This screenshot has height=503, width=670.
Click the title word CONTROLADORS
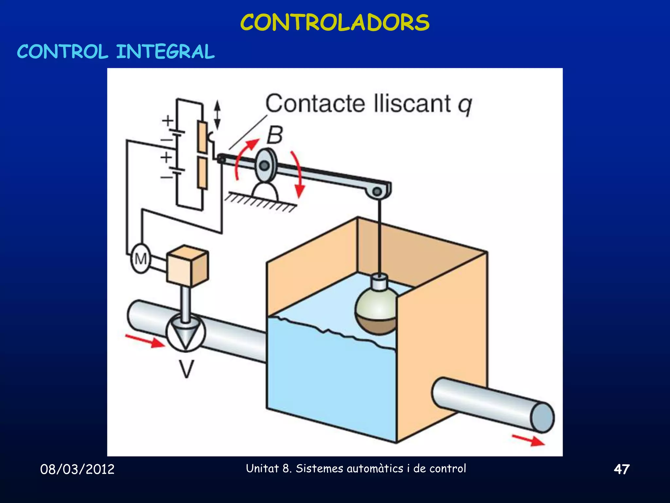click(x=335, y=23)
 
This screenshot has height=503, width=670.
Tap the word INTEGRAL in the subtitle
click(x=165, y=52)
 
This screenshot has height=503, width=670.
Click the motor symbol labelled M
click(x=141, y=259)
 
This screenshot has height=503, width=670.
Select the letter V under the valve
click(x=186, y=369)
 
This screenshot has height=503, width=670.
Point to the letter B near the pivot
click(x=274, y=135)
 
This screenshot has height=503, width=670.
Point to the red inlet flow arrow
click(x=145, y=341)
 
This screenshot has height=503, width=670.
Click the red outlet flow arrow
click(x=528, y=440)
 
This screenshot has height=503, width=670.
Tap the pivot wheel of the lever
click(x=265, y=165)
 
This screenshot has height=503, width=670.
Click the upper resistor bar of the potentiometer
click(x=202, y=137)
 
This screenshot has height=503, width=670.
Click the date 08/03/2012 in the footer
click(x=77, y=469)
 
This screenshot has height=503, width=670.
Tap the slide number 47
click(x=621, y=469)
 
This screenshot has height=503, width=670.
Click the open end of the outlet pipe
click(x=542, y=418)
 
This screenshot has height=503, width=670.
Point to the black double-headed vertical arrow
click(x=217, y=114)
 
